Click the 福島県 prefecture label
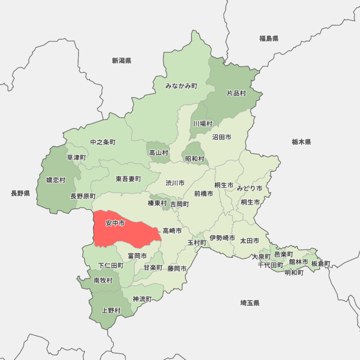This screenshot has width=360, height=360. pyautogui.click(x=269, y=38)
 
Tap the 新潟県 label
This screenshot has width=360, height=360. pyautogui.click(x=121, y=60)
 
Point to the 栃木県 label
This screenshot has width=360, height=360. pyautogui.click(x=301, y=142)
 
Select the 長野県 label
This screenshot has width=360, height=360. pyautogui.click(x=20, y=193)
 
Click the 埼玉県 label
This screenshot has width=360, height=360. pyautogui.click(x=250, y=303)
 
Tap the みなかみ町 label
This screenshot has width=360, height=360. pyautogui.click(x=181, y=86)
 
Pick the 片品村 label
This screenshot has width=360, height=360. pyautogui.click(x=236, y=93)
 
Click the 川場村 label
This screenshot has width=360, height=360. pyautogui.click(x=203, y=124)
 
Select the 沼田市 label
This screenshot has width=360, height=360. pyautogui.click(x=222, y=137)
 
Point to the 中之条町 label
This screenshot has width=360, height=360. pyautogui.click(x=103, y=142)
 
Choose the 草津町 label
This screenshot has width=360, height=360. pyautogui.click(x=76, y=157)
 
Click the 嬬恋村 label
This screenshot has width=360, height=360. pyautogui.click(x=56, y=180)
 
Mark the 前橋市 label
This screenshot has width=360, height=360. pyautogui.click(x=203, y=193)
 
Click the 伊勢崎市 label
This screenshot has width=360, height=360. pyautogui.click(x=222, y=238)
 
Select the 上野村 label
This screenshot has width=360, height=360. pyautogui.click(x=111, y=310)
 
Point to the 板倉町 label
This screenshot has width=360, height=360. pyautogui.click(x=321, y=263)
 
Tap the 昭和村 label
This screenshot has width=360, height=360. pyautogui.click(x=195, y=159)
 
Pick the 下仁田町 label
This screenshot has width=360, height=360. pyautogui.click(x=111, y=265)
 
